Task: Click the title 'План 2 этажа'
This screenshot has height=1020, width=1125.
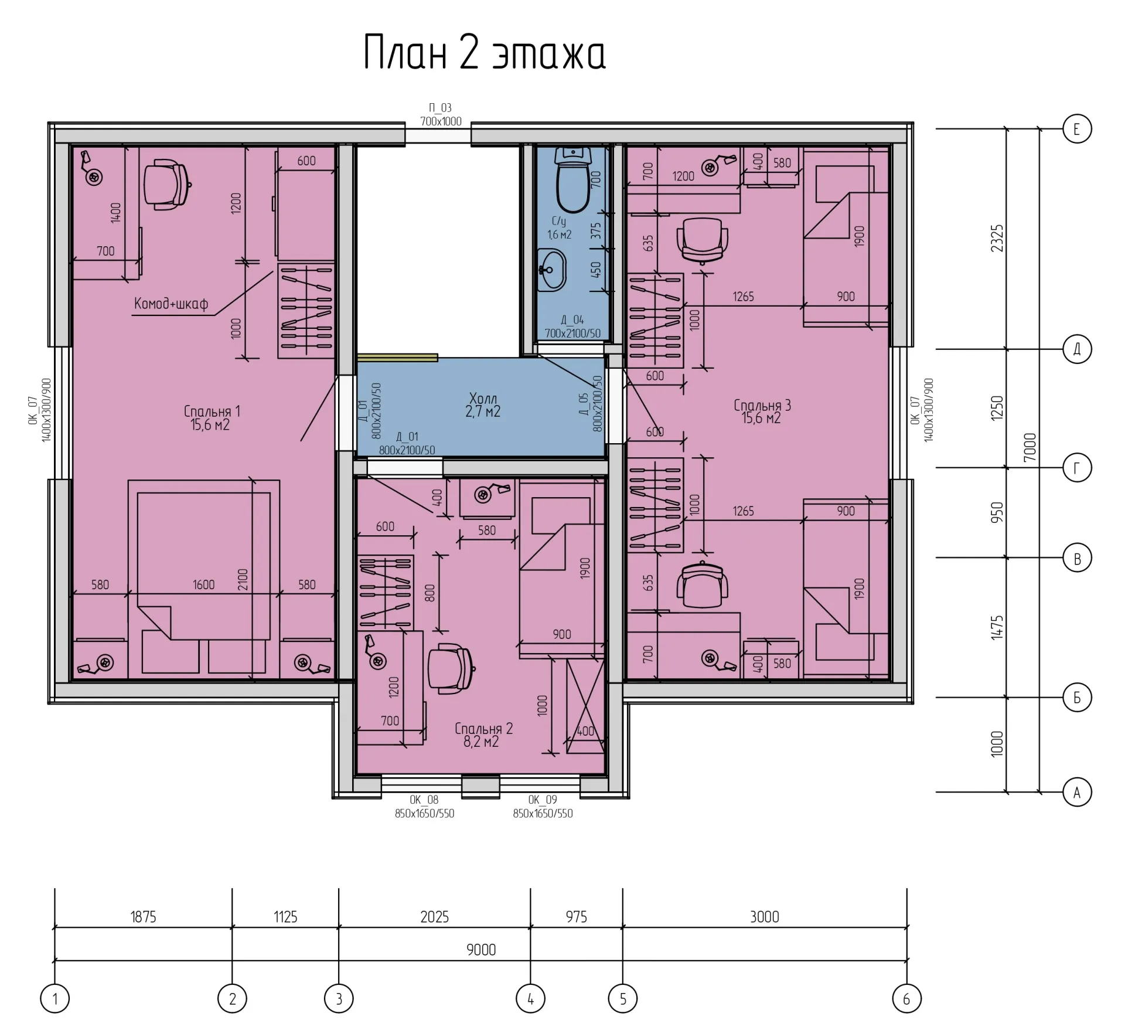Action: click(485, 53)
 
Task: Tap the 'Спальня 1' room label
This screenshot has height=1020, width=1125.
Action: click(212, 412)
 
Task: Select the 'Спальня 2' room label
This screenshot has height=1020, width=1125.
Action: click(483, 729)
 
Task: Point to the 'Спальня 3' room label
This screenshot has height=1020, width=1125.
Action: click(762, 405)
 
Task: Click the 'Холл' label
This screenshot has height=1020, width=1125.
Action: click(483, 399)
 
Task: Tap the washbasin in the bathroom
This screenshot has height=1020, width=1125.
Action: click(551, 270)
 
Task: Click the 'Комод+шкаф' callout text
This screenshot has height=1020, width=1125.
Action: click(171, 304)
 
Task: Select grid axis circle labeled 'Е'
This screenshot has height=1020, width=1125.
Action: click(1077, 129)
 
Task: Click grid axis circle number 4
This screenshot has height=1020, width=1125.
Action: click(530, 998)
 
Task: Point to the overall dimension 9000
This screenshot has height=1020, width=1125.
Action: click(481, 950)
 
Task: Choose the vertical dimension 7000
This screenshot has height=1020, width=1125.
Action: click(1029, 447)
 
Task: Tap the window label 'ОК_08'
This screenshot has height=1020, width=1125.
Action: click(424, 800)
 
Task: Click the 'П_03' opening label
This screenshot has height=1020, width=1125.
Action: click(441, 108)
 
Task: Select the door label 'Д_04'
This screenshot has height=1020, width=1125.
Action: click(572, 320)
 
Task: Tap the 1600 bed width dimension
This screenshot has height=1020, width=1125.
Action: click(203, 584)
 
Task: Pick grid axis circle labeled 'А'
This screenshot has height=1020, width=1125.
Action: click(1077, 793)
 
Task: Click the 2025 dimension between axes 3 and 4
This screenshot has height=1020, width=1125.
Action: click(434, 917)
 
